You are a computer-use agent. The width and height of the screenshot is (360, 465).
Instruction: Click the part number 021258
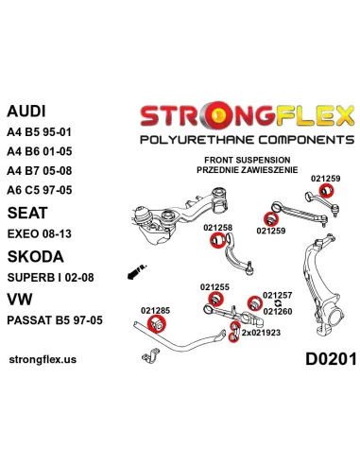217,228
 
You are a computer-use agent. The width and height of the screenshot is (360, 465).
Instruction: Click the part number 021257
277,295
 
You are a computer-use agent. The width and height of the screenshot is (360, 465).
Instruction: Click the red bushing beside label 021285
158,326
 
